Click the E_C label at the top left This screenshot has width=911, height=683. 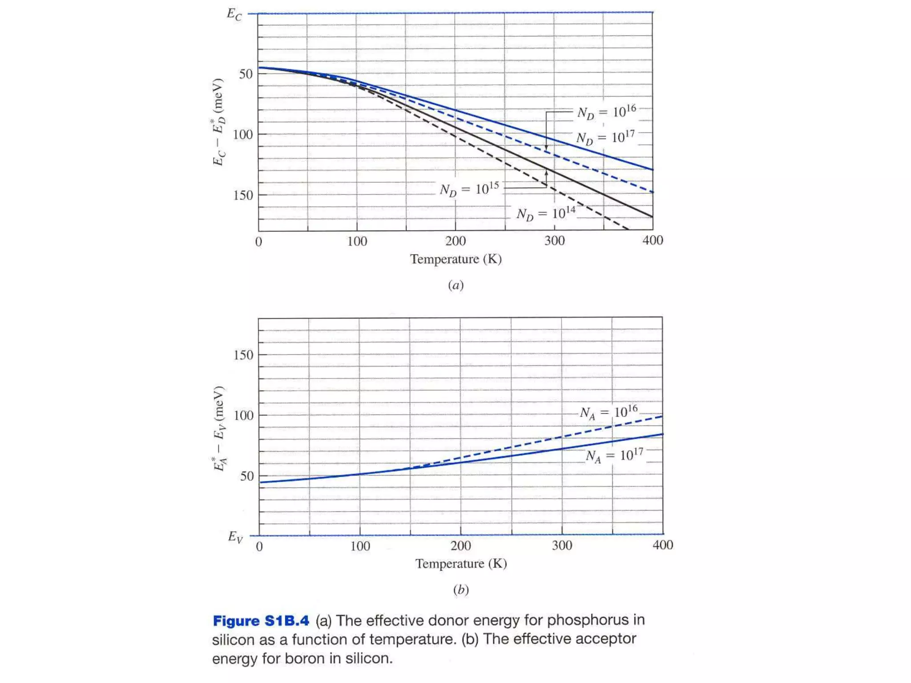(234, 14)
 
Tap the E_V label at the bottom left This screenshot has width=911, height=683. (235, 537)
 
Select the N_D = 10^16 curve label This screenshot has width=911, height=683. (607, 112)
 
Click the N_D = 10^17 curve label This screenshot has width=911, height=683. (605, 137)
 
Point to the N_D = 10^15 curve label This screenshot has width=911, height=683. (469, 189)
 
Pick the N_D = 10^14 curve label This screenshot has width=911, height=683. (546, 213)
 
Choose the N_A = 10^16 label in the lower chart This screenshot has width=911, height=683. (609, 413)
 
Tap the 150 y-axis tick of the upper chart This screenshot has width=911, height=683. (243, 195)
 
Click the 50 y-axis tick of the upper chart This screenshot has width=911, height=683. (246, 74)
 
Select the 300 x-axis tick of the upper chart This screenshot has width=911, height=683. (554, 241)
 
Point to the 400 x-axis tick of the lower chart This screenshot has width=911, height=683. (663, 545)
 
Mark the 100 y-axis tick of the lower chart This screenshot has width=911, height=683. (243, 415)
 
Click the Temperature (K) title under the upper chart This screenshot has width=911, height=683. (456, 259)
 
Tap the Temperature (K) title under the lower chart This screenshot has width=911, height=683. (461, 563)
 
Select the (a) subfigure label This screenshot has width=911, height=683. (456, 285)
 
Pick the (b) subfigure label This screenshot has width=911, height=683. (461, 589)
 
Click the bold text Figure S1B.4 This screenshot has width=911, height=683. (261, 620)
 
